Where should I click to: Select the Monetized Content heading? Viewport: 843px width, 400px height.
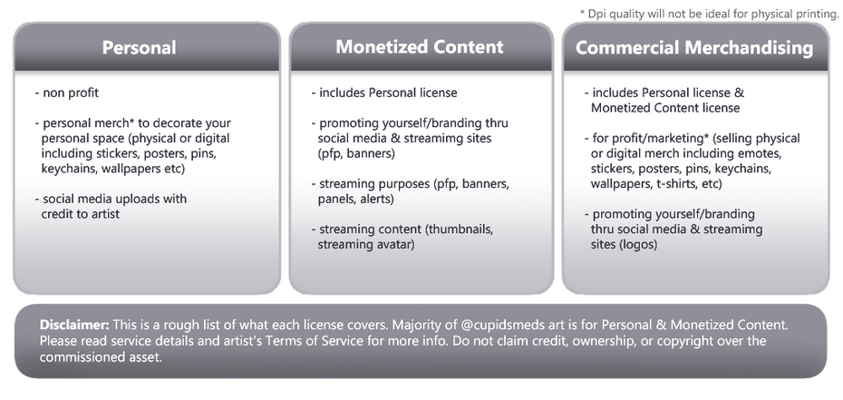pyautogui.click(x=420, y=46)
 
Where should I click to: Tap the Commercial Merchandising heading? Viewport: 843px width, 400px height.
pyautogui.click(x=695, y=48)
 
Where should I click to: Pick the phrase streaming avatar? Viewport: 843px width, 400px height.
pyautogui.click(x=366, y=243)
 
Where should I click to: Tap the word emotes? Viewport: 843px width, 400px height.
pyautogui.click(x=773, y=152)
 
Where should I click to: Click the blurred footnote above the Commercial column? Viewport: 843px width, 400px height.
pyautogui.click(x=709, y=12)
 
